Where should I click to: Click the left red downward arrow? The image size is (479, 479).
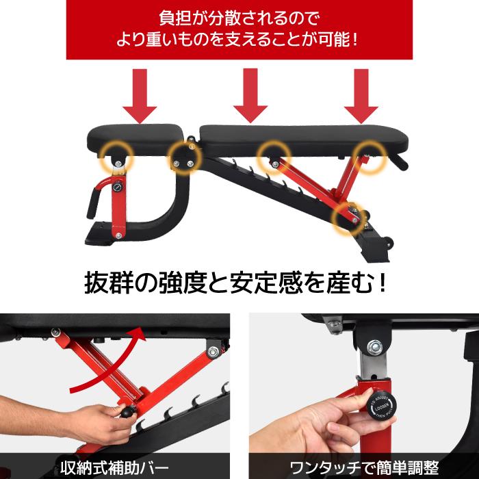pyautogui.click(x=140, y=96)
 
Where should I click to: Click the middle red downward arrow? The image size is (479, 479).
pyautogui.click(x=250, y=96)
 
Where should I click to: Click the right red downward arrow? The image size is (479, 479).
pyautogui.click(x=361, y=96)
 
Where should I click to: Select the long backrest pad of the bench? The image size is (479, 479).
pyautogui.click(x=304, y=140)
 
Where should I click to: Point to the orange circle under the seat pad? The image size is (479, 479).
pyautogui.click(x=118, y=157)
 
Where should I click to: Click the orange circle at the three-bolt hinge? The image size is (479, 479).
pyautogui.click(x=185, y=158)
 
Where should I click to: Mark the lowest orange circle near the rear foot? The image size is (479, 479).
pyautogui.click(x=348, y=218)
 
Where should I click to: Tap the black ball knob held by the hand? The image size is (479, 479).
pyautogui.click(x=127, y=412)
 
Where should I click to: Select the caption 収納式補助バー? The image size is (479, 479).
pyautogui.click(x=114, y=467)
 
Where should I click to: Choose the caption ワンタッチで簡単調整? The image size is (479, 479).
pyautogui.click(x=364, y=467)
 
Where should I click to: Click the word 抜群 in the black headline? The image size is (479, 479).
pyautogui.click(x=109, y=283)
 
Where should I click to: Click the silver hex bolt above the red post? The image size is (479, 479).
pyautogui.click(x=374, y=348)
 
